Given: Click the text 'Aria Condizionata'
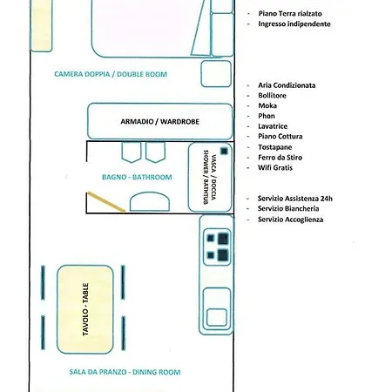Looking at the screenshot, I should tap(287, 85).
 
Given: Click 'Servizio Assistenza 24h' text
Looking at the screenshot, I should tap(295, 198).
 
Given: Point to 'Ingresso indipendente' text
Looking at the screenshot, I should tap(294, 24).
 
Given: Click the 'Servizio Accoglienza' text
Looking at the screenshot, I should tap(290, 220).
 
